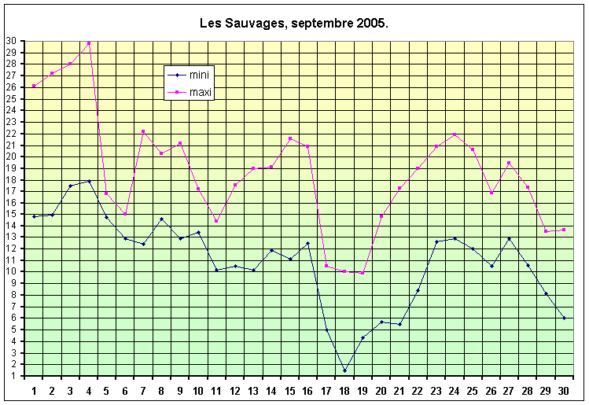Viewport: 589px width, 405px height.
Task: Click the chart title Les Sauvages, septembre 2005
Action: pyautogui.click(x=294, y=24)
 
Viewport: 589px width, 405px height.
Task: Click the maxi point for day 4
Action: pyautogui.click(x=89, y=42)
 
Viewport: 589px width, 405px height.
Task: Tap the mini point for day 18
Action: pyautogui.click(x=344, y=370)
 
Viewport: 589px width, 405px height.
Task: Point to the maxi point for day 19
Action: pyautogui.click(x=363, y=273)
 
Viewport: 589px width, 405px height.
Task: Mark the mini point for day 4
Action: pyautogui.click(x=89, y=181)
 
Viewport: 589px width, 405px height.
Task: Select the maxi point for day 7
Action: pyautogui.click(x=143, y=131)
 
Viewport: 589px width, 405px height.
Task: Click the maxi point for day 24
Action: pyautogui.click(x=455, y=134)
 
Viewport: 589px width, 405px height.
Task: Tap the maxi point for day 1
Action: pyautogui.click(x=34, y=86)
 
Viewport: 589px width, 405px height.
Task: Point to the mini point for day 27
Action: pyautogui.click(x=510, y=238)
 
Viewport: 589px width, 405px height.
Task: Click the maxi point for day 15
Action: pyautogui.click(x=290, y=138)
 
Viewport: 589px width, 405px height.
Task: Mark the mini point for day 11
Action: pyautogui.click(x=216, y=270)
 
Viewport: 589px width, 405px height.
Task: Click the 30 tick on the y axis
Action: pyautogui.click(x=11, y=41)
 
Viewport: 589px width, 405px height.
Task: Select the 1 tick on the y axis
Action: pyautogui.click(x=13, y=376)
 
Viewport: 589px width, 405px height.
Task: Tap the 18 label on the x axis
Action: pyautogui.click(x=344, y=390)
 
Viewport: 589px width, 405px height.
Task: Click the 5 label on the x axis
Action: pyautogui.click(x=107, y=390)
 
